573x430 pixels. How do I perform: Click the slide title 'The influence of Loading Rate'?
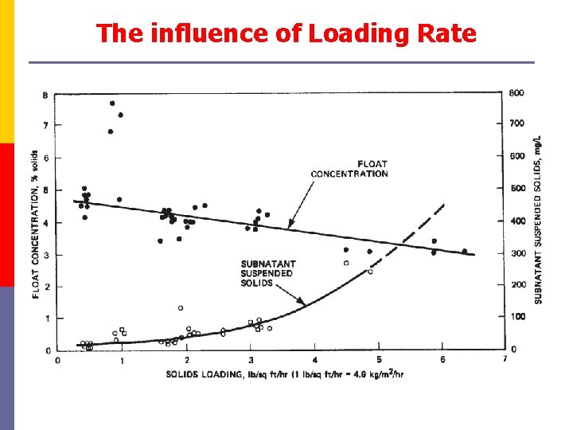(x=286, y=33)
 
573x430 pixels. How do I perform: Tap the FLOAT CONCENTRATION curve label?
(x=349, y=169)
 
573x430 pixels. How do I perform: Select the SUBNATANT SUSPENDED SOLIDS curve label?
(x=267, y=273)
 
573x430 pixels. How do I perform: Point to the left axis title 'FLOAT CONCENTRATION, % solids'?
(x=36, y=224)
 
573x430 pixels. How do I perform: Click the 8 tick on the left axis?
(x=45, y=96)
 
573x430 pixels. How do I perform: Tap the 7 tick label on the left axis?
(x=45, y=126)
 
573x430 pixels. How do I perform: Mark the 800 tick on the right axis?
(x=517, y=92)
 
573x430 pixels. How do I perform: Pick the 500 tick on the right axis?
(x=517, y=190)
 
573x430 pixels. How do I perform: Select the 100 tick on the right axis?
(x=517, y=317)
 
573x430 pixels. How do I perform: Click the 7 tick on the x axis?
(x=505, y=360)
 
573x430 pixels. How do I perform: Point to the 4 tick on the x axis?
(x=315, y=360)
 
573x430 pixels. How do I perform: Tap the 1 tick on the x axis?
(x=122, y=360)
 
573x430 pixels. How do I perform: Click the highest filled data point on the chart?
(x=112, y=104)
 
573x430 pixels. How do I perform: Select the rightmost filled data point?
(x=465, y=252)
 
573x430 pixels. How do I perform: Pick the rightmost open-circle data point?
(x=370, y=272)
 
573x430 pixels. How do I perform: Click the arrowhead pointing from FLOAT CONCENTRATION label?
(x=290, y=227)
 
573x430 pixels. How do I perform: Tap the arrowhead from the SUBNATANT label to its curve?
(x=303, y=304)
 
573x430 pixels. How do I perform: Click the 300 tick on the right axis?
(x=517, y=253)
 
